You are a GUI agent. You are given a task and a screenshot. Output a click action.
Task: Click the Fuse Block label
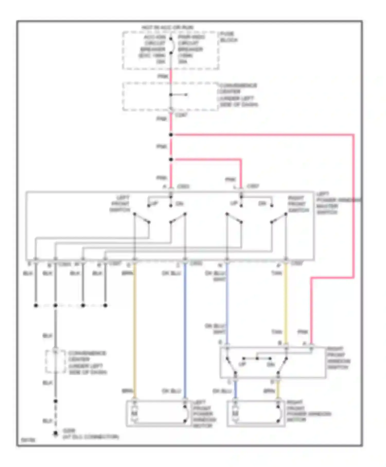228,37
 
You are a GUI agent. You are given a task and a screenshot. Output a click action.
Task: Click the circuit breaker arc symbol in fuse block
172,46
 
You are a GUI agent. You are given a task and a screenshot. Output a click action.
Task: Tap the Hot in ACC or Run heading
168,27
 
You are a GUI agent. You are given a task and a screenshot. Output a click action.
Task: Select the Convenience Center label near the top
238,95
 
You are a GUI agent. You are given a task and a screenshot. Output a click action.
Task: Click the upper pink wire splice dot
171,135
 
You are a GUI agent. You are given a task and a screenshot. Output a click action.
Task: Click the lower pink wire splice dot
171,159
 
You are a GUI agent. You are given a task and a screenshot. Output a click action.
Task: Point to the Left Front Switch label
120,204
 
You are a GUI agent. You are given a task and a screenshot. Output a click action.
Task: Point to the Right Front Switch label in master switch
298,204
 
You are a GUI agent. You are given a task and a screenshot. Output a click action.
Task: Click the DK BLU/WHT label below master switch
216,276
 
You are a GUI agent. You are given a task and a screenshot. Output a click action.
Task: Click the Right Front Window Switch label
338,358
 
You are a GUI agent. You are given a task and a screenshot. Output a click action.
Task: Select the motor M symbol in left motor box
135,413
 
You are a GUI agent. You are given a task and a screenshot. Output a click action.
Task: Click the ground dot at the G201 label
55,434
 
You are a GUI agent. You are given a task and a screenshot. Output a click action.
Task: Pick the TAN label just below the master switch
276,273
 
